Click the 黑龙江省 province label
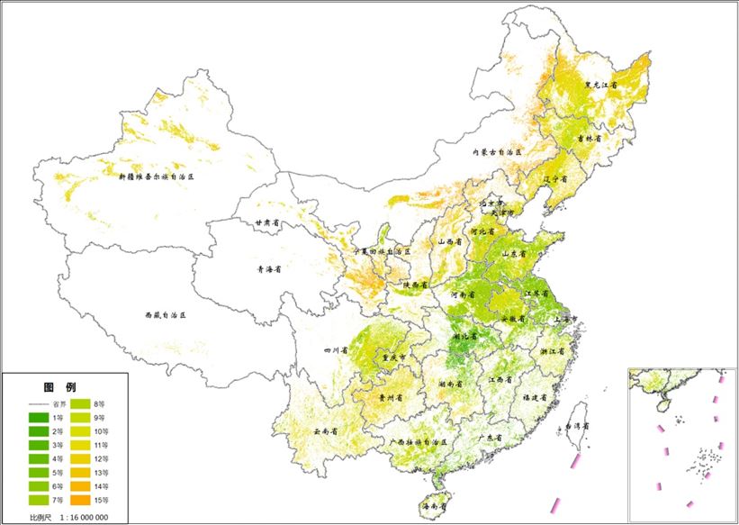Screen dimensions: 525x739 pos(601,85)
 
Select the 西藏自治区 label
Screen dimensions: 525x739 pos(165,316)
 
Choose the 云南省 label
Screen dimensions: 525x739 pos(326,431)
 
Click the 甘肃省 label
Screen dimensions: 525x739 pos(266,222)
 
